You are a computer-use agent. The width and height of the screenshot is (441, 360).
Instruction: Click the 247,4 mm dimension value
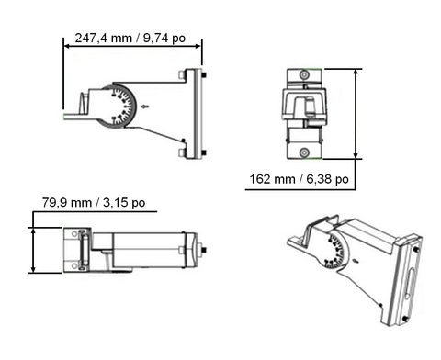click(x=104, y=39)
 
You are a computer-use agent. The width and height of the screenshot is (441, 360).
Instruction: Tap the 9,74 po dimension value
click(x=164, y=39)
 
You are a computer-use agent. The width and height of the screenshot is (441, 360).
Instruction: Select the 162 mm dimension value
click(x=272, y=179)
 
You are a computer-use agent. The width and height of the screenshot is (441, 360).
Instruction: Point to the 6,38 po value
click(x=327, y=179)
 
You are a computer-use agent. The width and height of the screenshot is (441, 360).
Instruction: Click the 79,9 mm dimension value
click(x=67, y=203)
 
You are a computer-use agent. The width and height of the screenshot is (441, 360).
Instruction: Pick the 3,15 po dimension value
click(x=124, y=203)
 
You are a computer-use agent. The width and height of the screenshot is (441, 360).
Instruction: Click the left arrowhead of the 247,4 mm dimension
click(x=67, y=46)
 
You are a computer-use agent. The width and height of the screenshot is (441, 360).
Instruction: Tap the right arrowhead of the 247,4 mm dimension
click(x=198, y=46)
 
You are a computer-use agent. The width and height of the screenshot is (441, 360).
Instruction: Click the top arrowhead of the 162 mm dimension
click(x=356, y=73)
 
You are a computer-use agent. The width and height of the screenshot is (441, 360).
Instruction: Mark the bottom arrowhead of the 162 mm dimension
click(x=356, y=155)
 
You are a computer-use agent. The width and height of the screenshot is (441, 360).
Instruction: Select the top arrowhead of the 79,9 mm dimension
click(x=33, y=231)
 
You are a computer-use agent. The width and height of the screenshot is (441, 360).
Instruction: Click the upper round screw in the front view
click(x=304, y=74)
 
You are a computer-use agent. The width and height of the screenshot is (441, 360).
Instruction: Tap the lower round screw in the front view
click(x=304, y=152)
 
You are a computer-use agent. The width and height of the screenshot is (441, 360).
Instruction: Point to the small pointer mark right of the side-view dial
click(x=145, y=107)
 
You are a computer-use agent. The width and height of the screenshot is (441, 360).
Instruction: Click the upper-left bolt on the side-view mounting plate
click(x=182, y=75)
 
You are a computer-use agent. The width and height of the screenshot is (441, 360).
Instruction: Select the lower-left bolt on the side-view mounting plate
click(x=182, y=153)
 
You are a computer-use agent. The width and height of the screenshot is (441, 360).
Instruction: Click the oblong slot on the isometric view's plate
click(x=410, y=284)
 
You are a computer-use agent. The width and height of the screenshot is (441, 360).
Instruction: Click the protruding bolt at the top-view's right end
click(x=203, y=250)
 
